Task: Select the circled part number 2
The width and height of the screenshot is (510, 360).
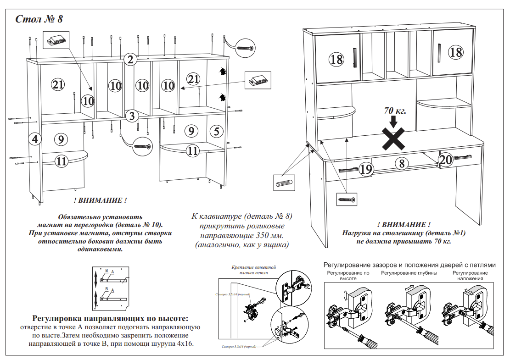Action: pyautogui.click(x=131, y=59)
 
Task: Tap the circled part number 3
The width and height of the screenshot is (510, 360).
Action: pyautogui.click(x=132, y=116)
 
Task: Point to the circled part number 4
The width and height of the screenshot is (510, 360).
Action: pyautogui.click(x=34, y=138)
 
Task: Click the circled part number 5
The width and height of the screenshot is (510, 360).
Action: pyautogui.click(x=217, y=131)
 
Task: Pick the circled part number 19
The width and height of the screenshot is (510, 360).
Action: pyautogui.click(x=365, y=170)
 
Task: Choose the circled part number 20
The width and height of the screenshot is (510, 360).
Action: pyautogui.click(x=446, y=159)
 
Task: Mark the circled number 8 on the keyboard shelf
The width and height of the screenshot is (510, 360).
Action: pyautogui.click(x=401, y=163)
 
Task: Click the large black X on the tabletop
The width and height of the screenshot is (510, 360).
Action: pyautogui.click(x=394, y=139)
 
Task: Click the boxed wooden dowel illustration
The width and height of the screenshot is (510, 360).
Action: pyautogui.click(x=285, y=183)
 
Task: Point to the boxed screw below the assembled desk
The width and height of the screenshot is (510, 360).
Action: pyautogui.click(x=347, y=199)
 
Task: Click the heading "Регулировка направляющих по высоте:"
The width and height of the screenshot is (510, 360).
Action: pyautogui.click(x=110, y=318)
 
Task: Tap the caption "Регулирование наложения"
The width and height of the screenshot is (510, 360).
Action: pyautogui.click(x=470, y=276)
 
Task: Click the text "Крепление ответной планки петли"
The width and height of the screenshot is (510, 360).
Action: pyautogui.click(x=253, y=269)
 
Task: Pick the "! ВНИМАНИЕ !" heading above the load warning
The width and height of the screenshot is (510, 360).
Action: pyautogui.click(x=404, y=225)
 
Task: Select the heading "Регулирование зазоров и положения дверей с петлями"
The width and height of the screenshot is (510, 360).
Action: pyautogui.click(x=409, y=265)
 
